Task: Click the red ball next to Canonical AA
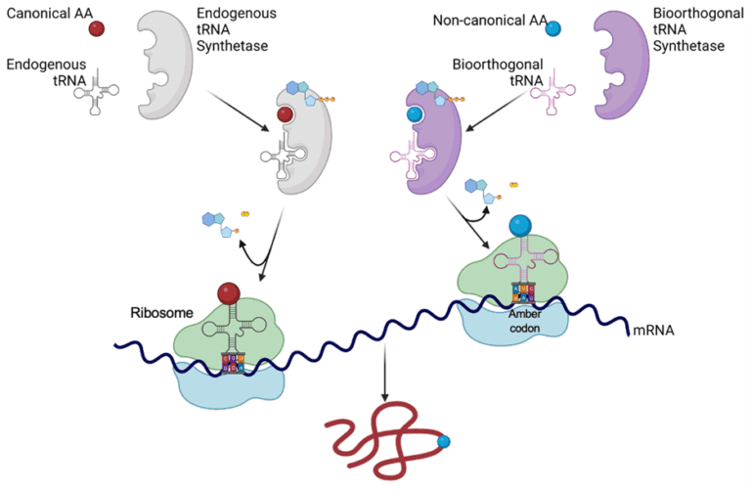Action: (97, 28)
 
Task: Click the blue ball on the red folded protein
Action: (445, 442)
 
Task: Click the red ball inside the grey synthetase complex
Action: (286, 116)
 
